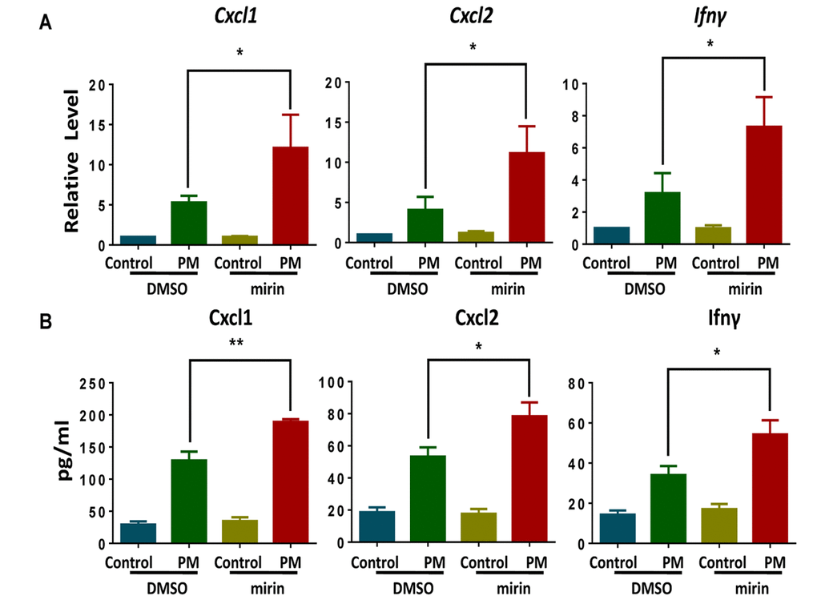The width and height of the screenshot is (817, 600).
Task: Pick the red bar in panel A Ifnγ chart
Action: (765, 185)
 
